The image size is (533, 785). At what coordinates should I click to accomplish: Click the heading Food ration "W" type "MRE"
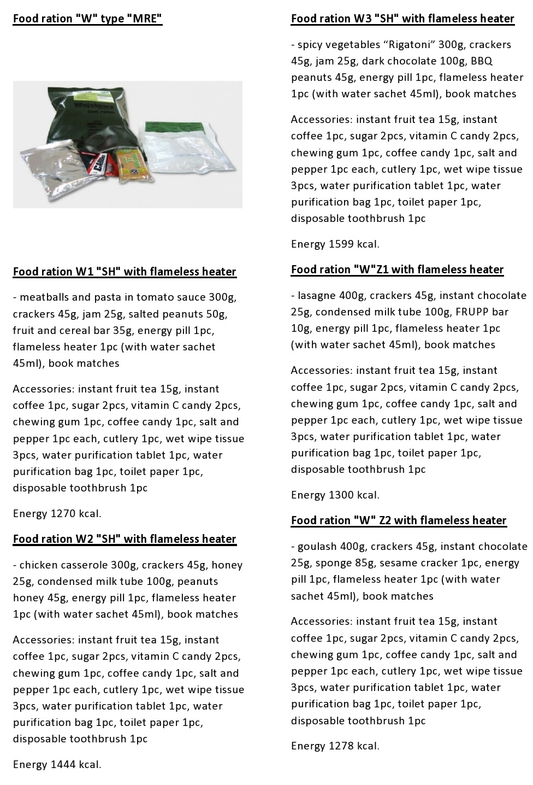(x=87, y=19)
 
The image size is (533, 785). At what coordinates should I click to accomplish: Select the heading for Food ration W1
(x=125, y=272)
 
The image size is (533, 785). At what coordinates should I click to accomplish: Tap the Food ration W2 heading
(x=125, y=539)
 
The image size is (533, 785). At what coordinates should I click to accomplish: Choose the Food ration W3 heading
(x=402, y=19)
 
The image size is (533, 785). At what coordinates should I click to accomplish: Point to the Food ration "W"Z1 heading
(x=397, y=270)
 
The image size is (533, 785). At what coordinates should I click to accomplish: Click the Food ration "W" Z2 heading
(x=399, y=520)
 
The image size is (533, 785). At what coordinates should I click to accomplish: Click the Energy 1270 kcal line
(x=57, y=514)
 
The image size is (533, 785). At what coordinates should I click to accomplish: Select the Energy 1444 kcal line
(x=57, y=765)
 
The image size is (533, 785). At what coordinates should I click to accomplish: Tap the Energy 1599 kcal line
(x=335, y=244)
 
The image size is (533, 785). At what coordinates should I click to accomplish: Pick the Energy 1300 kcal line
(x=335, y=495)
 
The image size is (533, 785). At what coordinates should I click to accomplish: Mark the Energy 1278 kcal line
(x=335, y=746)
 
